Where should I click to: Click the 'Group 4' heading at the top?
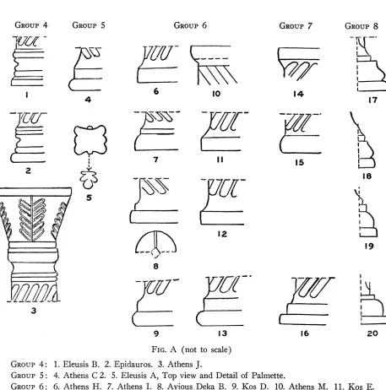click(x=31, y=25)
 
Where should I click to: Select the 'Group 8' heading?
click(x=362, y=26)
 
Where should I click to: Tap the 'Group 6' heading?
click(x=190, y=25)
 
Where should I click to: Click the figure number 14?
click(x=298, y=94)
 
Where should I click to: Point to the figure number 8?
click(x=155, y=266)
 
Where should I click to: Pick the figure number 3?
click(x=34, y=311)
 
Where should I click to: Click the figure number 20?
click(x=372, y=333)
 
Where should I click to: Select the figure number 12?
click(x=222, y=234)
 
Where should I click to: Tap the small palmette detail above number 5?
click(x=89, y=180)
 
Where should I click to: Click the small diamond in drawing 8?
click(x=155, y=252)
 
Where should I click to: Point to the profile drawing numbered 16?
click(x=307, y=301)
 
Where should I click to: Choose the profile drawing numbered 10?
click(x=214, y=65)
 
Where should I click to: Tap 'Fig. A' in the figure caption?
click(x=164, y=349)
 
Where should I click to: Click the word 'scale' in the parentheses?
click(x=219, y=349)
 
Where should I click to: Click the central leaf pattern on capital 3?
click(x=32, y=219)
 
